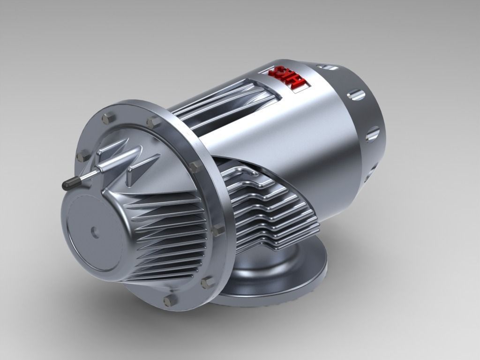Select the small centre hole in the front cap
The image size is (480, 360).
94,231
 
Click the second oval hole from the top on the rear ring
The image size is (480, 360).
356,95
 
